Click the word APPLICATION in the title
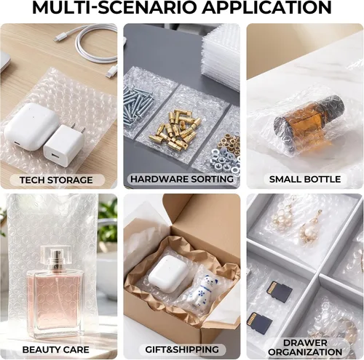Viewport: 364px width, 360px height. (266, 7)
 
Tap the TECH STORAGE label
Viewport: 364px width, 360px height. (56, 180)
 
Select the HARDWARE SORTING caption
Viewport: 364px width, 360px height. (182, 179)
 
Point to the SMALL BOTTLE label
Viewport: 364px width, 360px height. (305, 179)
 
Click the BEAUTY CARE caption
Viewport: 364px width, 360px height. (55, 350)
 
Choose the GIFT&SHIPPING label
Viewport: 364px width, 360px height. (182, 349)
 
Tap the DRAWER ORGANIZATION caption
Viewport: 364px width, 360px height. (305, 348)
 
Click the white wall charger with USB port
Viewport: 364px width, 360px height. (64, 145)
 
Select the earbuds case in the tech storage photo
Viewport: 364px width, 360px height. (31, 126)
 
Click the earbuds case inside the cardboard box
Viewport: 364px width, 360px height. (167, 273)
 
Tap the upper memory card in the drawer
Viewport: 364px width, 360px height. (280, 292)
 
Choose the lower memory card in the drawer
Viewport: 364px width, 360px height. (259, 321)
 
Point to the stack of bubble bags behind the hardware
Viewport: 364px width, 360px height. (221, 57)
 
